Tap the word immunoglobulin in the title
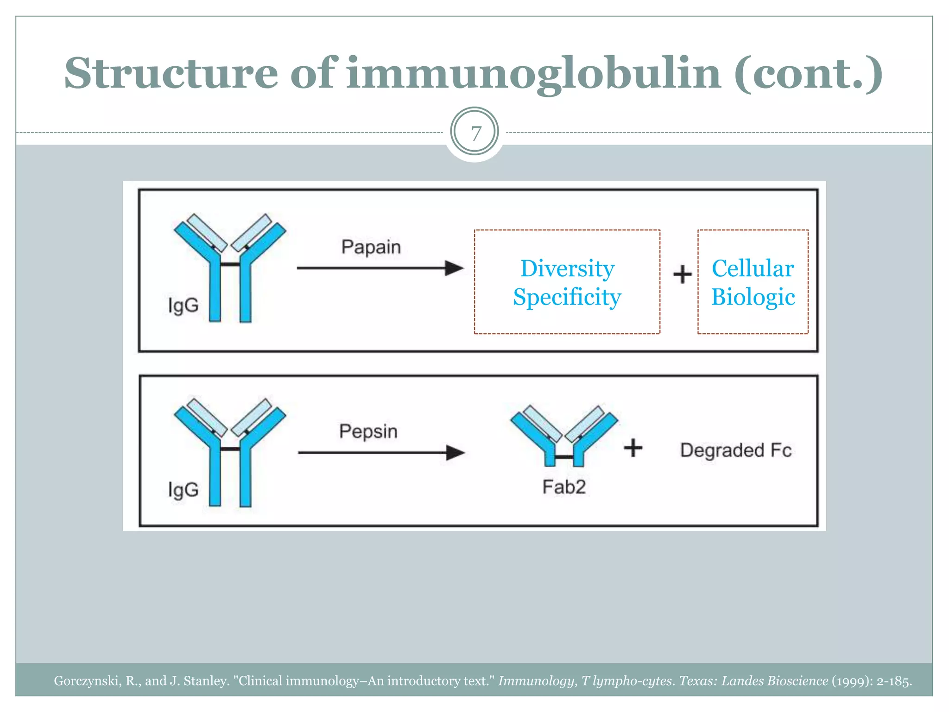pyautogui.click(x=533, y=74)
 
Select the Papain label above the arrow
pyautogui.click(x=371, y=247)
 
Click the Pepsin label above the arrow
pyautogui.click(x=368, y=432)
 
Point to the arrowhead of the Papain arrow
pyautogui.click(x=454, y=268)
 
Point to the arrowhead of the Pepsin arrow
pyautogui.click(x=455, y=452)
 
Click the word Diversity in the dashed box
pyautogui.click(x=567, y=269)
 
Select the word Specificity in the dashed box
pyautogui.click(x=567, y=297)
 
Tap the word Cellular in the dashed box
pyautogui.click(x=753, y=269)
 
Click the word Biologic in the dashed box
pyautogui.click(x=753, y=297)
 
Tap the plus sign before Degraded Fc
pyautogui.click(x=633, y=448)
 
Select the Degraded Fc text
pyautogui.click(x=735, y=450)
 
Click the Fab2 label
pyautogui.click(x=564, y=487)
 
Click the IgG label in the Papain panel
pyautogui.click(x=183, y=306)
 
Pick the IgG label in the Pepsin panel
pyautogui.click(x=183, y=490)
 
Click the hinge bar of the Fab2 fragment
pyautogui.click(x=564, y=457)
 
